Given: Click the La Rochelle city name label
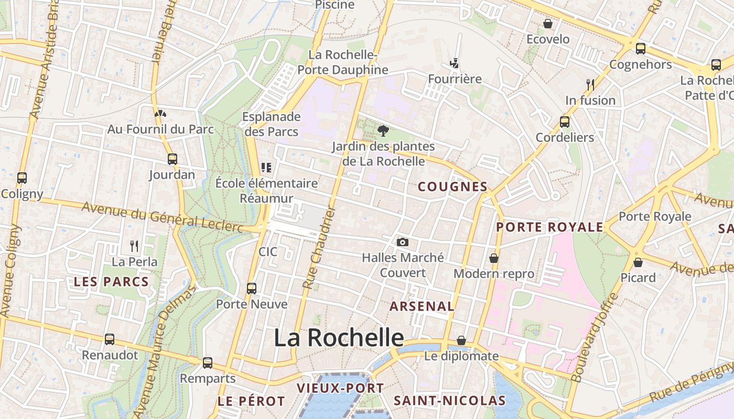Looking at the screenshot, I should (339, 338).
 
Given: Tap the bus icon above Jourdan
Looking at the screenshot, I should (172, 159).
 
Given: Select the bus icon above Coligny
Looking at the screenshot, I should (21, 178).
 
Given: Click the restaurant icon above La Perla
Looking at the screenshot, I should (134, 246).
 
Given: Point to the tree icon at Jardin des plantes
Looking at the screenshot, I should (383, 131).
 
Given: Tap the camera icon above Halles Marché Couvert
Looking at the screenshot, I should (403, 242).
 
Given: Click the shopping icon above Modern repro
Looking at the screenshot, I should (493, 258).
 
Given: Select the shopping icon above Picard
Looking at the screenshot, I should (638, 262).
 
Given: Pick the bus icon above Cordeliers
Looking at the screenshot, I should (565, 122).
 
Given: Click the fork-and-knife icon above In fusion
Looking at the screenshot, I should (590, 84).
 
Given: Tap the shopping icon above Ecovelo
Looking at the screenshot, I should (548, 24).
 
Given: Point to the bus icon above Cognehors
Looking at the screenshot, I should (640, 49).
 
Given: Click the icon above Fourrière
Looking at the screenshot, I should (455, 63).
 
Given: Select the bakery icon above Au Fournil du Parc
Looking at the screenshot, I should (160, 113).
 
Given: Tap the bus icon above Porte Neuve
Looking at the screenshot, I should (252, 288).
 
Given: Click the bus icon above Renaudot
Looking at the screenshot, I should (110, 339).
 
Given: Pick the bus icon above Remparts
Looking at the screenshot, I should (208, 362).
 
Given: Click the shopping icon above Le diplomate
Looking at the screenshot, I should (461, 341).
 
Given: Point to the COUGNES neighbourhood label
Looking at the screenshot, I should (452, 187).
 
